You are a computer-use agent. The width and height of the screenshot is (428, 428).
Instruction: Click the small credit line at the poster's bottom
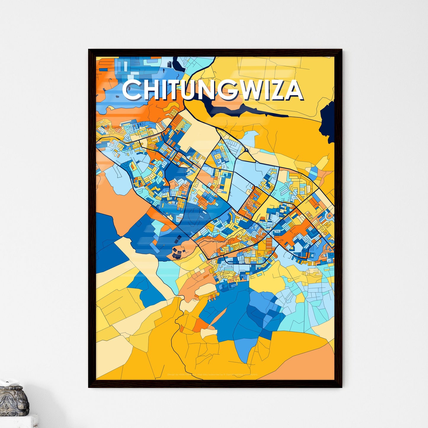pyautogui.click(x=212, y=375)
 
